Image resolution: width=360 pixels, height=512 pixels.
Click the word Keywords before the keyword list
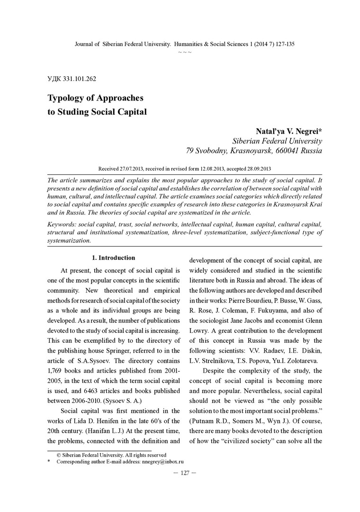click(x=63, y=223)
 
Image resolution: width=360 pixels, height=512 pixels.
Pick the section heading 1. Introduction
click(x=113, y=258)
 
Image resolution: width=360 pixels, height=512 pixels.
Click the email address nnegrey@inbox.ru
click(x=162, y=461)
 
